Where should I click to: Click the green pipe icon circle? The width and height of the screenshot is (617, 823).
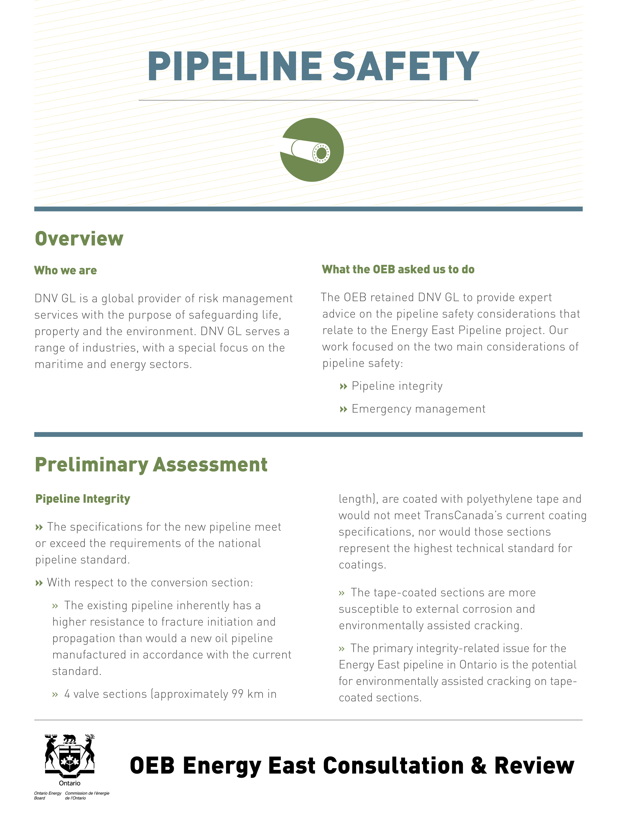click(312, 150)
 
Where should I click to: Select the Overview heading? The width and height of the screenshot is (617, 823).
click(79, 239)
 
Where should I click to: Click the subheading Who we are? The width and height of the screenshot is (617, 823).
click(65, 270)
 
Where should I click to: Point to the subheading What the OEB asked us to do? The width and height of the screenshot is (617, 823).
click(398, 269)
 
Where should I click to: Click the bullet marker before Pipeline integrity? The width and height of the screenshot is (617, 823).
click(343, 387)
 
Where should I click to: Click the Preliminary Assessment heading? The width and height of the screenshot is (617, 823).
click(151, 465)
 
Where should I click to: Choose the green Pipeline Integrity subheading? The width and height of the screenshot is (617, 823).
click(83, 499)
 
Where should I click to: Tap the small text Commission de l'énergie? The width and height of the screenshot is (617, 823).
click(87, 793)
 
